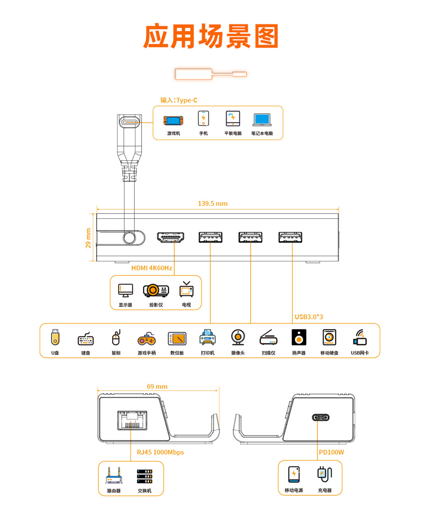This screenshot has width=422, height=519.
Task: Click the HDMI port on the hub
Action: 171,237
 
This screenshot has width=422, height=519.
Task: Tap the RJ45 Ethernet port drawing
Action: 132,420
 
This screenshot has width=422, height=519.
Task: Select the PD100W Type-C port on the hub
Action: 321,417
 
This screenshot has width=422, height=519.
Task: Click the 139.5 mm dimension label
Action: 213,204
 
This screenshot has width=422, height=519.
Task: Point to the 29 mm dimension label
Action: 88,238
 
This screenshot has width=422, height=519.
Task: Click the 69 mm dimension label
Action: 157,386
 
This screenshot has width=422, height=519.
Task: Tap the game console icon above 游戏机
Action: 173,120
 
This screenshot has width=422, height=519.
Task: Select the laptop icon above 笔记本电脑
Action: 262,120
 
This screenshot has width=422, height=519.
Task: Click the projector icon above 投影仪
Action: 156,290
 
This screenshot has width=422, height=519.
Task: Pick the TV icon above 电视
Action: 187,289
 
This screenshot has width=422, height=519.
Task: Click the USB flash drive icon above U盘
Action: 55,337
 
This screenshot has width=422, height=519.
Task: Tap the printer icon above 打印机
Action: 208,337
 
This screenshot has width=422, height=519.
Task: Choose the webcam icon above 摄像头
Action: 238,338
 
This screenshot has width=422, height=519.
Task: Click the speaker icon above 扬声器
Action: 299,337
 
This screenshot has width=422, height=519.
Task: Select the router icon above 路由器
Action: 114,475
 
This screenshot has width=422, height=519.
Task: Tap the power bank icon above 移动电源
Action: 294,475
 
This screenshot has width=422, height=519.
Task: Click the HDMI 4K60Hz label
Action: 152,268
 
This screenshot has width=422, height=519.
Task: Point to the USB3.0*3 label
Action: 309,317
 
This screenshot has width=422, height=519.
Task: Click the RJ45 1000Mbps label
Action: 160,452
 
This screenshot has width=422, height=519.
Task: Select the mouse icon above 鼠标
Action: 116,338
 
